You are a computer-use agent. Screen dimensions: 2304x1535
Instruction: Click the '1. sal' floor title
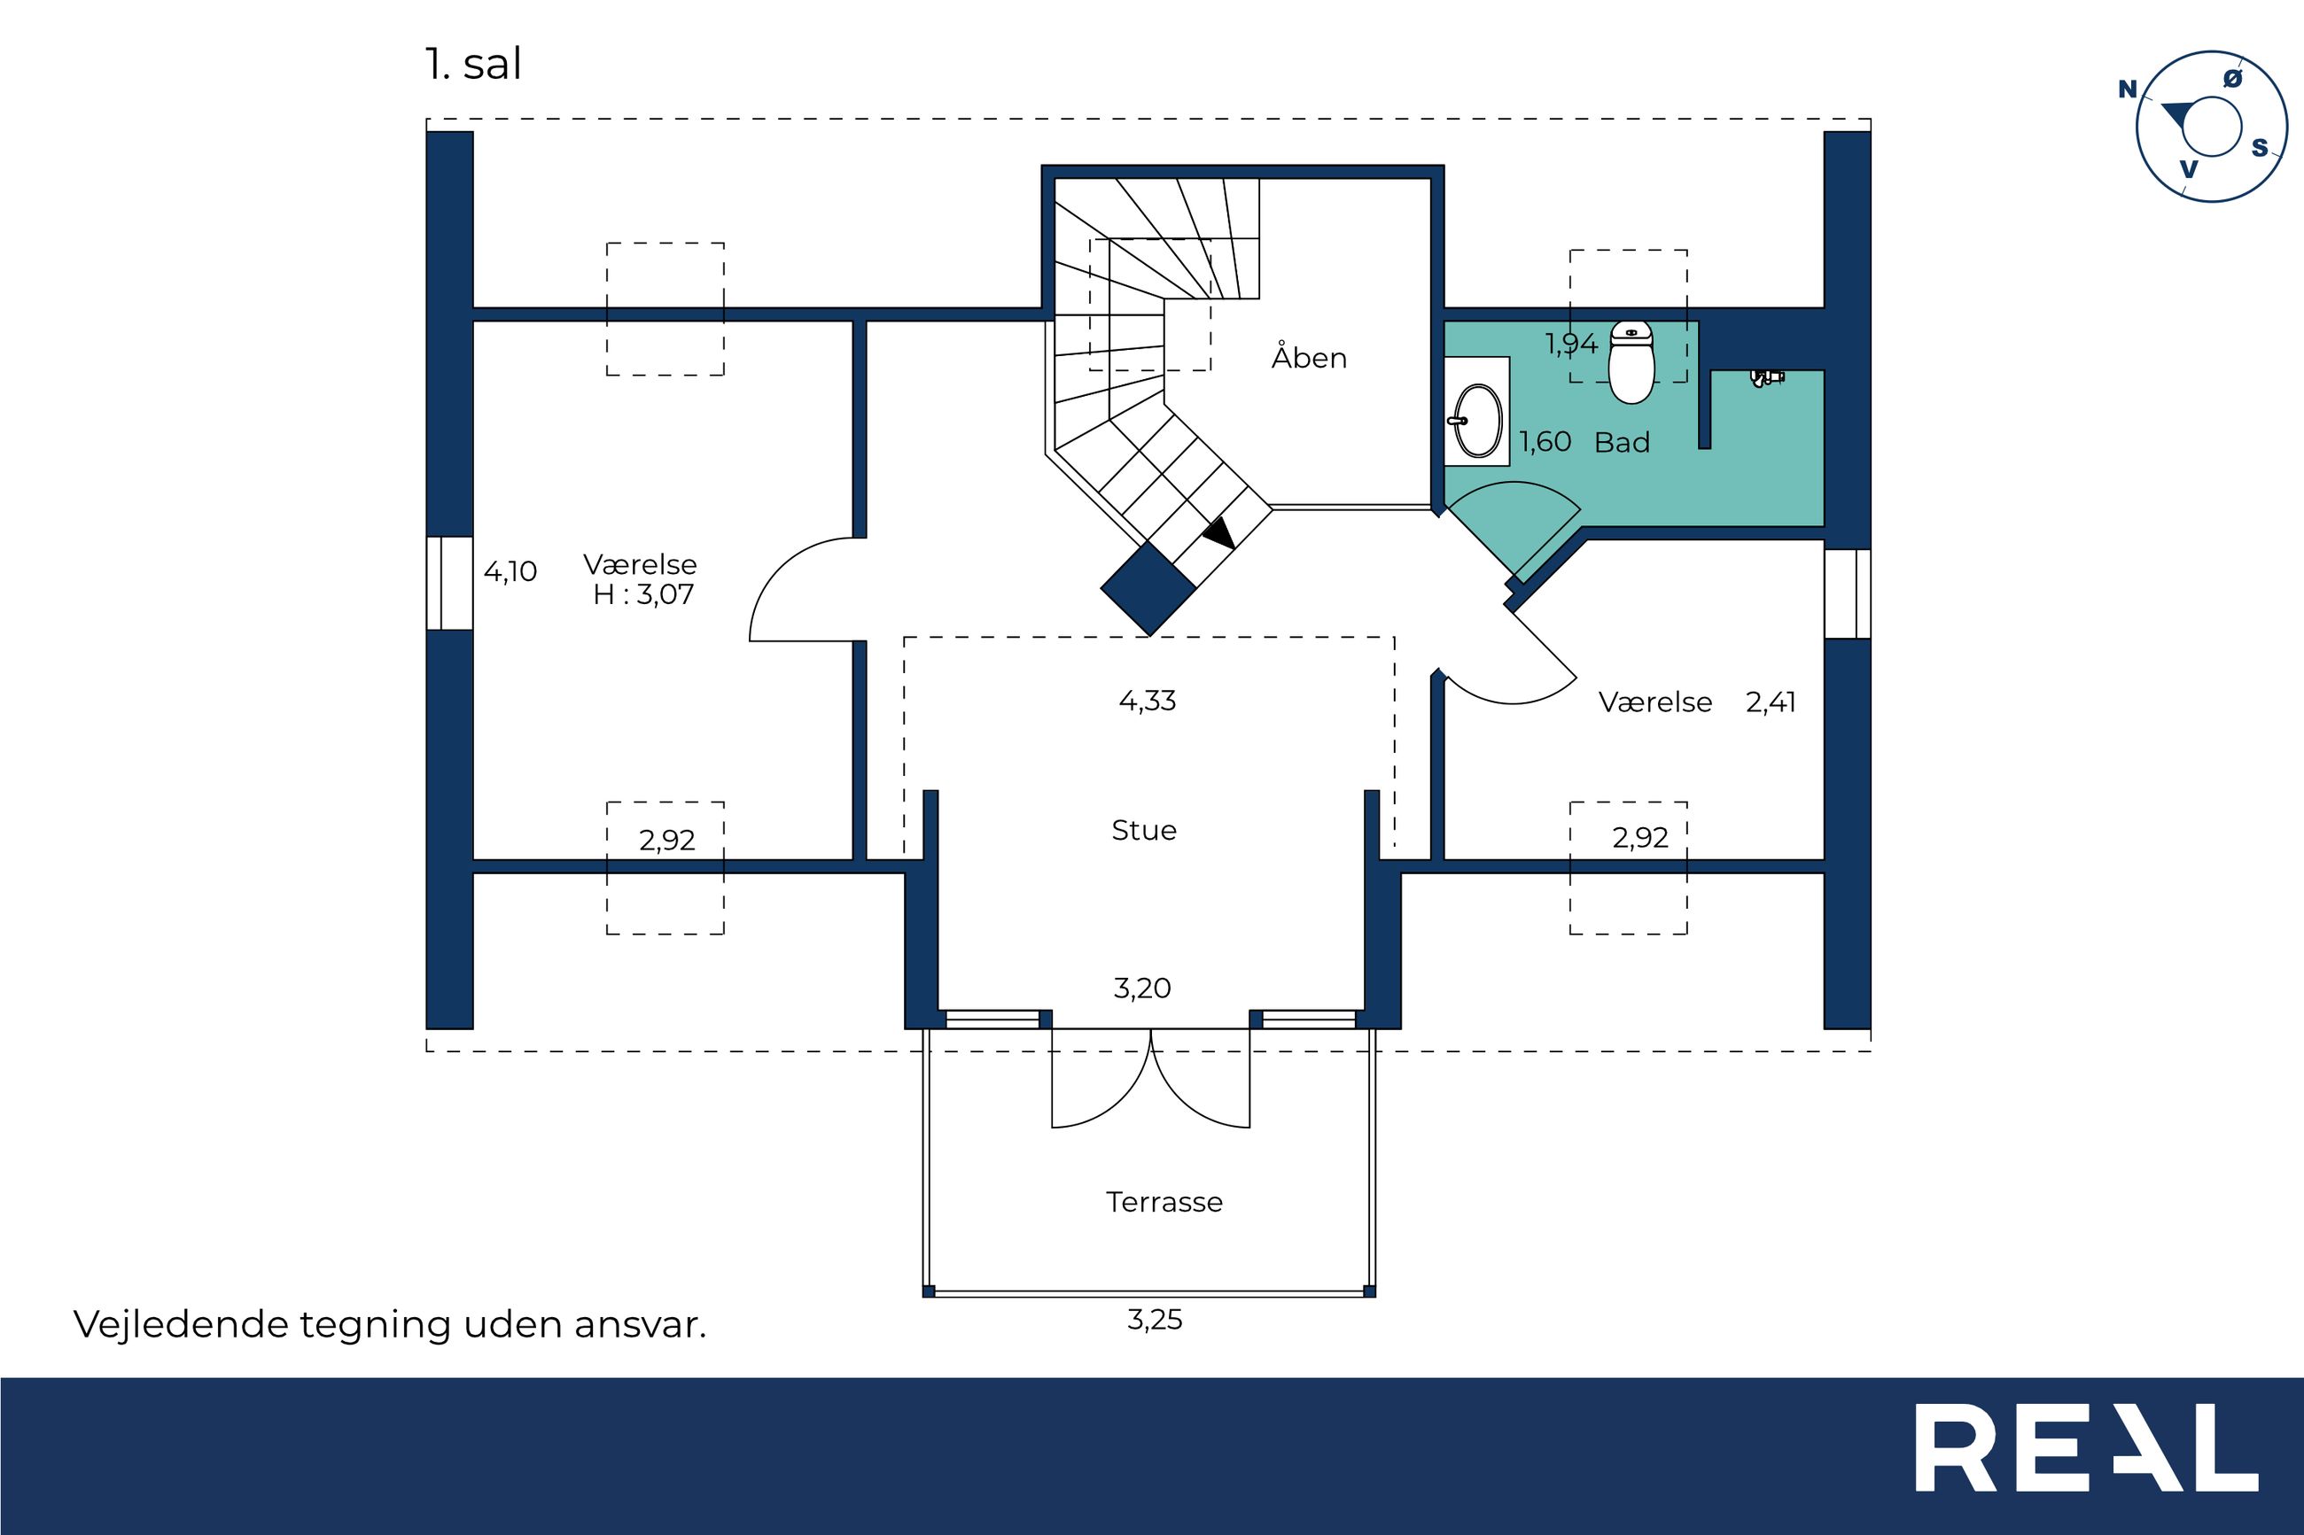(x=473, y=65)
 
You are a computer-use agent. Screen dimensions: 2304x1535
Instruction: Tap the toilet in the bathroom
(x=1631, y=361)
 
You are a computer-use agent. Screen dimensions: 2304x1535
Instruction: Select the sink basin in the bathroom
(x=1476, y=421)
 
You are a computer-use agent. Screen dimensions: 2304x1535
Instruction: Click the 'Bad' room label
(x=1622, y=443)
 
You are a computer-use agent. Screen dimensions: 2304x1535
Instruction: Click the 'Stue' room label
(x=1144, y=830)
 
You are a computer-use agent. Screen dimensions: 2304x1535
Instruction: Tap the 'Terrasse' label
(x=1164, y=1202)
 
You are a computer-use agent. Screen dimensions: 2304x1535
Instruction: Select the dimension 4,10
(x=510, y=571)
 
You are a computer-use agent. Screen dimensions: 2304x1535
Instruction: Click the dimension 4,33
(x=1147, y=701)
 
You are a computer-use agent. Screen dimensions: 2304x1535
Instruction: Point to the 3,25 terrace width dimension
(x=1155, y=1321)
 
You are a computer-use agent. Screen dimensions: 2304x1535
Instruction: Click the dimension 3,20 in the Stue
(x=1141, y=988)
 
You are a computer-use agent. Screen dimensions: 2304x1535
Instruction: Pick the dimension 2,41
(x=1771, y=703)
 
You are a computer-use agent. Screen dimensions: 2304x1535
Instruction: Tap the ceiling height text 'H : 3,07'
(x=643, y=594)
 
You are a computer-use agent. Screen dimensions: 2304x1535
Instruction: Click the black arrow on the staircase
(x=1220, y=532)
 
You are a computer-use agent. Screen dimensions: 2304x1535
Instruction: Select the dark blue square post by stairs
(x=1148, y=589)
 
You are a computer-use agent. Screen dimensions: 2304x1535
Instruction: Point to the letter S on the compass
(x=2260, y=148)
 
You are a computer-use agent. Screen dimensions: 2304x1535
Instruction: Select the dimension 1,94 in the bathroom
(x=1571, y=345)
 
